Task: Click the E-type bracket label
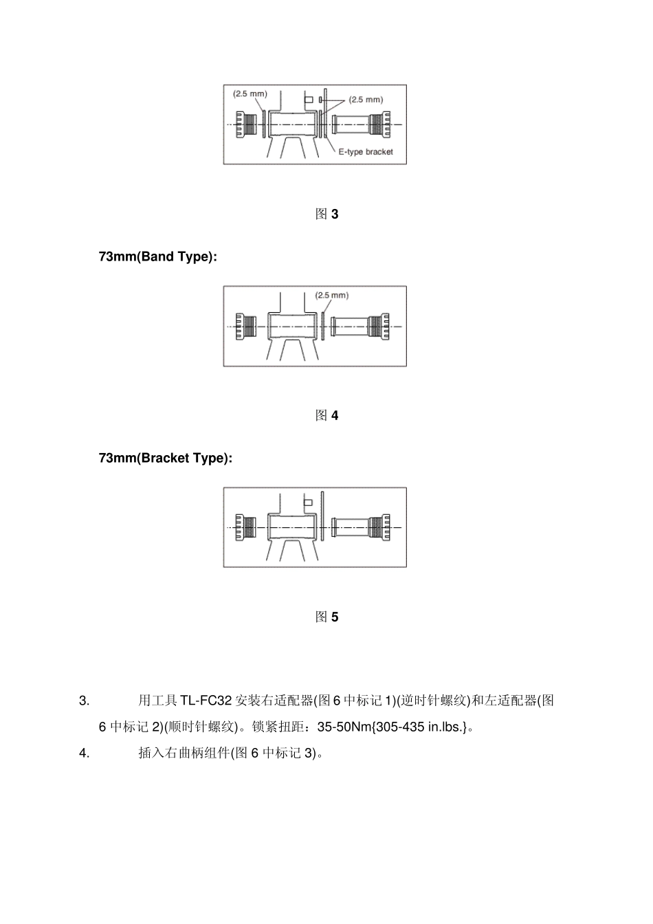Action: click(365, 152)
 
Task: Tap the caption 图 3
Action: click(326, 214)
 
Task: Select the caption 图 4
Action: click(326, 415)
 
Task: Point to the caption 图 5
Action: click(326, 617)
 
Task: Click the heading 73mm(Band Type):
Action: click(158, 256)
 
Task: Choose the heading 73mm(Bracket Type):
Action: click(166, 458)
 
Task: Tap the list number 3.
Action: click(85, 701)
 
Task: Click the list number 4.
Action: click(85, 753)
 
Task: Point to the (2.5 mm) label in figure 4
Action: click(332, 296)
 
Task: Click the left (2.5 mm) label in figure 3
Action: click(250, 93)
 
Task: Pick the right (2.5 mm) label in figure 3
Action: click(366, 100)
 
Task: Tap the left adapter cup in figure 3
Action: click(245, 124)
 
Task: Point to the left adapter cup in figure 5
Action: click(245, 527)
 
